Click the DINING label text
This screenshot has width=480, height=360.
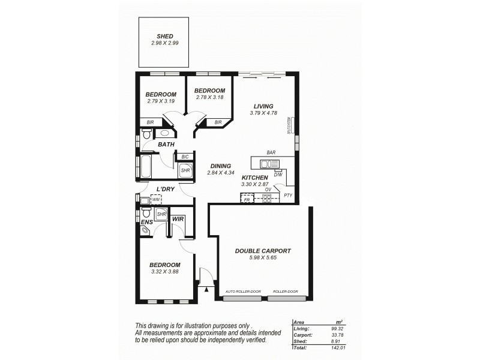pyautogui.click(x=221, y=166)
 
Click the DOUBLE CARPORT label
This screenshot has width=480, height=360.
pyautogui.click(x=263, y=251)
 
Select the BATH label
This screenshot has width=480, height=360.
pyautogui.click(x=166, y=145)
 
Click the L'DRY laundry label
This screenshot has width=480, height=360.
pyautogui.click(x=165, y=190)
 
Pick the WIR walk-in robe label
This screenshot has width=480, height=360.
pyautogui.click(x=178, y=220)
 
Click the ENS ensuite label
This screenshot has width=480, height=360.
pyautogui.click(x=147, y=223)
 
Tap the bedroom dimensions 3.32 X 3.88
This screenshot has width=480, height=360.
pyautogui.click(x=164, y=272)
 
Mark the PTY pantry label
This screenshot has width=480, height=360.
pyautogui.click(x=288, y=196)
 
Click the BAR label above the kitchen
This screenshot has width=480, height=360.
pyautogui.click(x=271, y=154)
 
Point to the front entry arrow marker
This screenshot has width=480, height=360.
pyautogui.click(x=207, y=289)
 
